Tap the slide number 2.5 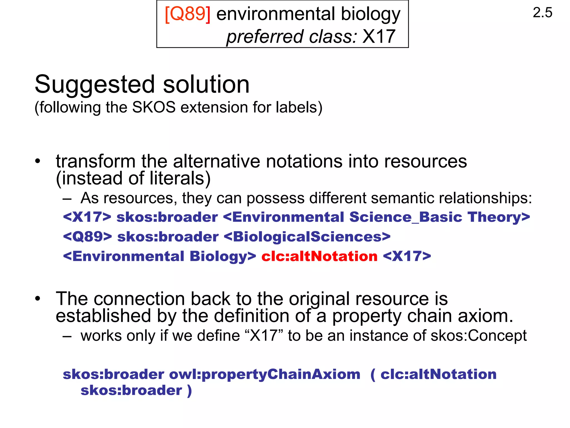point(542,13)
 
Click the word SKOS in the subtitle point(154,107)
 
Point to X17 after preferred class point(379,36)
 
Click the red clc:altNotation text point(319,256)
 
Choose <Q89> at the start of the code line point(87,237)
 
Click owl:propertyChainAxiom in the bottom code point(265,374)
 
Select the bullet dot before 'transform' point(38,161)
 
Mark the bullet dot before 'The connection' point(38,299)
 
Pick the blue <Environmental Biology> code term point(159,256)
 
